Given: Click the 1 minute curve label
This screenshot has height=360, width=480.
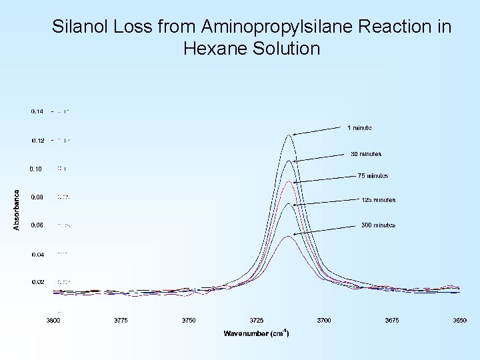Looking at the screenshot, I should point(359,127).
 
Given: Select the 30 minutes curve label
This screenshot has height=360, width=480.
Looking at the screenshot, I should point(366,154).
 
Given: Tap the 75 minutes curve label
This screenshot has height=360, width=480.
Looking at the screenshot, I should point(373,176).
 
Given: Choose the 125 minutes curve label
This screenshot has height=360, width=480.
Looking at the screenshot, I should point(378,199).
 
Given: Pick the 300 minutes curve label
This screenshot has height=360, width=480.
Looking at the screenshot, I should point(378,225).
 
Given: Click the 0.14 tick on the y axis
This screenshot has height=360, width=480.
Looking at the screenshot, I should point(37,111).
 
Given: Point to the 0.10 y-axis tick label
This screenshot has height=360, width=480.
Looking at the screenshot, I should point(36,169).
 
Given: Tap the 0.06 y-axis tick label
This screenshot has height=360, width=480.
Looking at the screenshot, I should point(37,225).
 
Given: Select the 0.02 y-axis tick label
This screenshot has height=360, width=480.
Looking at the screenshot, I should point(37,282).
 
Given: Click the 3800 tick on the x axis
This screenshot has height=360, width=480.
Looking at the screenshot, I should point(53,321).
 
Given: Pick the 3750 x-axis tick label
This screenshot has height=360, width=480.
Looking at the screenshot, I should point(189,321).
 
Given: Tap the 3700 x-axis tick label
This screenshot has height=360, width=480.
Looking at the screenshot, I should point(324,321).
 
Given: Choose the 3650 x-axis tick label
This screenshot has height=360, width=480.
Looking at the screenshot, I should point(459,321).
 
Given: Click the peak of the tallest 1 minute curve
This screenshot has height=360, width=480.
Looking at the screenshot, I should point(289,135).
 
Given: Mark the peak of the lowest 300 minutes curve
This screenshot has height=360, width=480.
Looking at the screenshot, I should point(288,236).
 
